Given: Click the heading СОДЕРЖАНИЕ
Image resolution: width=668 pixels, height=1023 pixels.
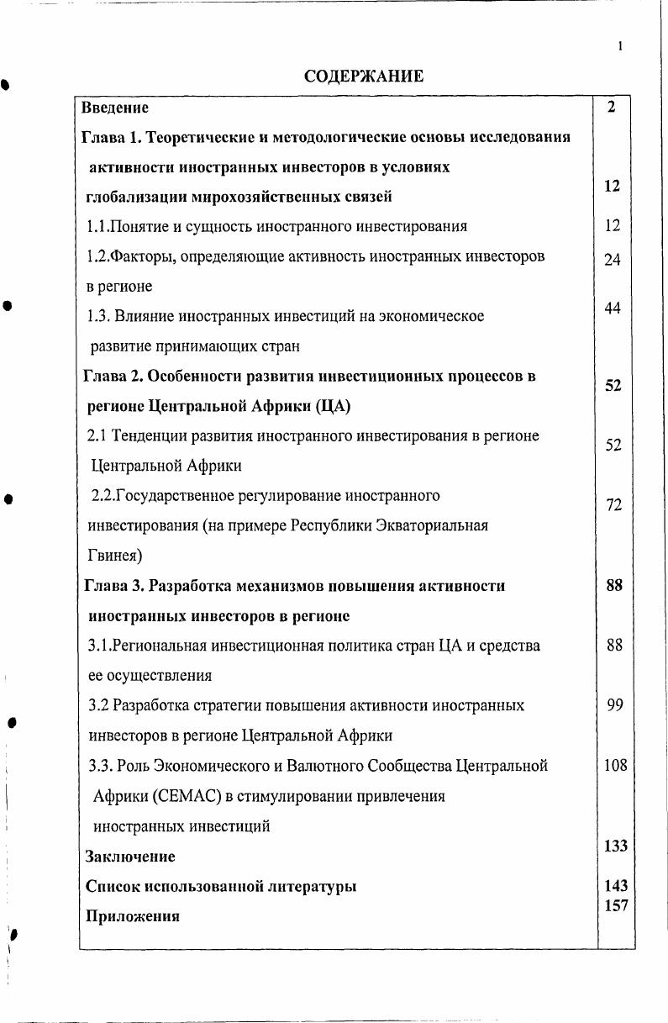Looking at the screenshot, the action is (363, 76).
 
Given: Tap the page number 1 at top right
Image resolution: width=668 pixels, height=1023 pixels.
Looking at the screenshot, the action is (619, 47).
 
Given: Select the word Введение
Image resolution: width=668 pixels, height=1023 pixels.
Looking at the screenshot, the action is (115, 108).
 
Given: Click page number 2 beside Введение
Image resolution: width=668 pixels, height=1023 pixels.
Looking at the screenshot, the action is (612, 107).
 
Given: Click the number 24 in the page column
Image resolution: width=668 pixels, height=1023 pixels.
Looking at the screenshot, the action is (612, 260).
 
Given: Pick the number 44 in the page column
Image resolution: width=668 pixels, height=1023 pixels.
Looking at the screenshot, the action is (612, 308).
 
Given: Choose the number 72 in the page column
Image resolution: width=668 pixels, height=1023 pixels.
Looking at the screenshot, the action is (613, 504).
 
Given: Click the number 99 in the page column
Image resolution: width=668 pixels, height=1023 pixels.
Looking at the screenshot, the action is (614, 704).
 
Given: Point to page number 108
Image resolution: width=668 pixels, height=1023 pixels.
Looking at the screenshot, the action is (615, 765).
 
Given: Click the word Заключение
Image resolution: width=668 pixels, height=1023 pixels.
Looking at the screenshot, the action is (130, 857).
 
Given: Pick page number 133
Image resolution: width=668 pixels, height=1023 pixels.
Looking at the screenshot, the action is (615, 846).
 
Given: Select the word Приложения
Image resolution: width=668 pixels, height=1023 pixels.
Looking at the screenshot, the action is (133, 916).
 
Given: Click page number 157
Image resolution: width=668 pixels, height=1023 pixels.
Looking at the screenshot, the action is (615, 904).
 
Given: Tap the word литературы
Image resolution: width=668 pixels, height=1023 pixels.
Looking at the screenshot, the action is (307, 886).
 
